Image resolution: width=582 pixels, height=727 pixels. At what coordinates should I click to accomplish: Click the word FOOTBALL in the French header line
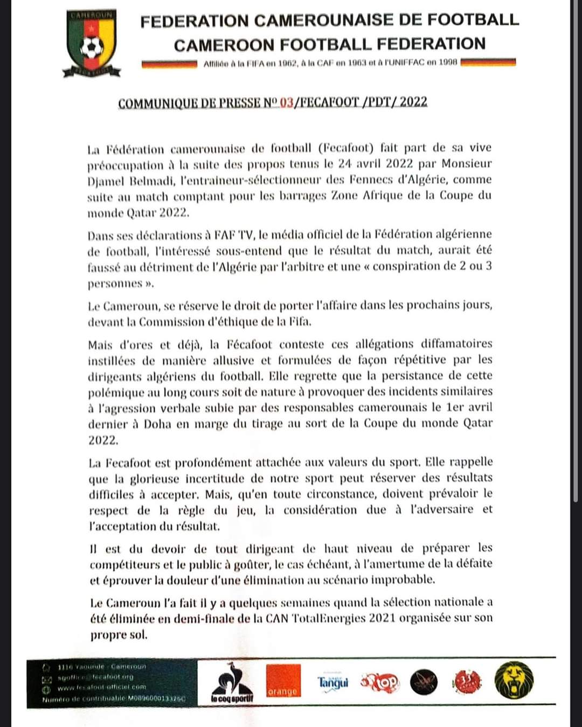click(473, 20)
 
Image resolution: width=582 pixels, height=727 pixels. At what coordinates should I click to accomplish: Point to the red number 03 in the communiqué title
click(286, 102)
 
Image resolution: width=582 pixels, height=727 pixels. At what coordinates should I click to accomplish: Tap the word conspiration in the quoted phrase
click(414, 266)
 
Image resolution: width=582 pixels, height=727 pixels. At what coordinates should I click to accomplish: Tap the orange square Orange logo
click(282, 682)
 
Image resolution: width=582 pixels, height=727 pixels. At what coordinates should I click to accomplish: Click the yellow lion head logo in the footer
click(514, 681)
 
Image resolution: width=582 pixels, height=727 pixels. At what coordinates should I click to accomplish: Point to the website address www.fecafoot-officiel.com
click(102, 687)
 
